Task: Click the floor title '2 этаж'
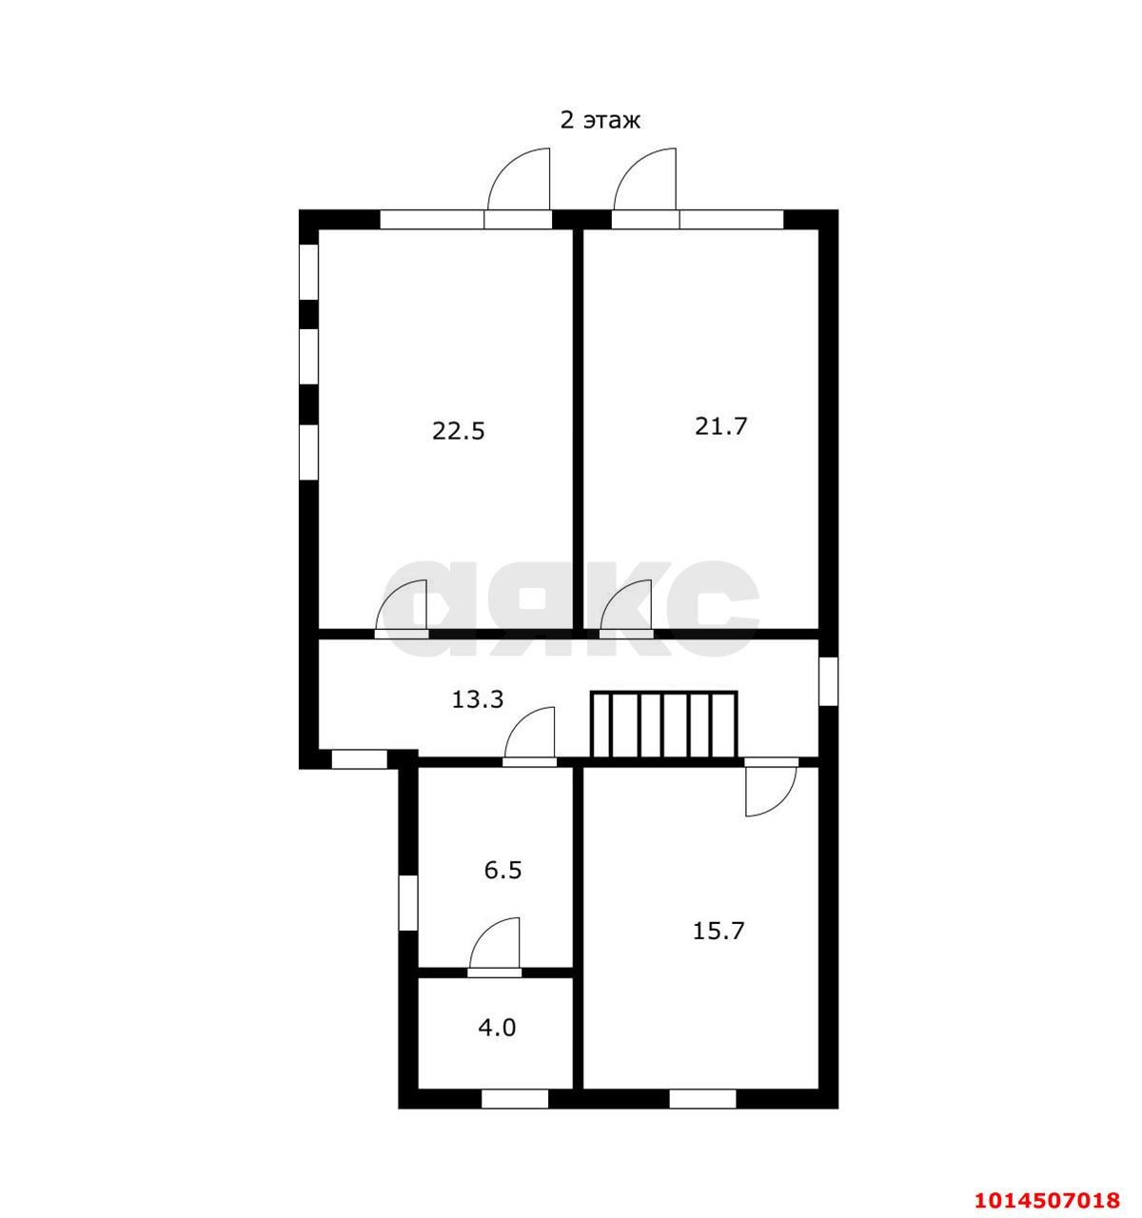tap(600, 120)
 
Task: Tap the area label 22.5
tap(458, 431)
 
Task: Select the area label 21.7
tap(720, 425)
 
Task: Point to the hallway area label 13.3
tap(478, 699)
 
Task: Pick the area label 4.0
tap(497, 1028)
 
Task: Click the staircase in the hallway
tap(663, 724)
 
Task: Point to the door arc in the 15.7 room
tap(780, 803)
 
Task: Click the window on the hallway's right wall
tap(828, 680)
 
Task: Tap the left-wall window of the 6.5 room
tap(408, 902)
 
